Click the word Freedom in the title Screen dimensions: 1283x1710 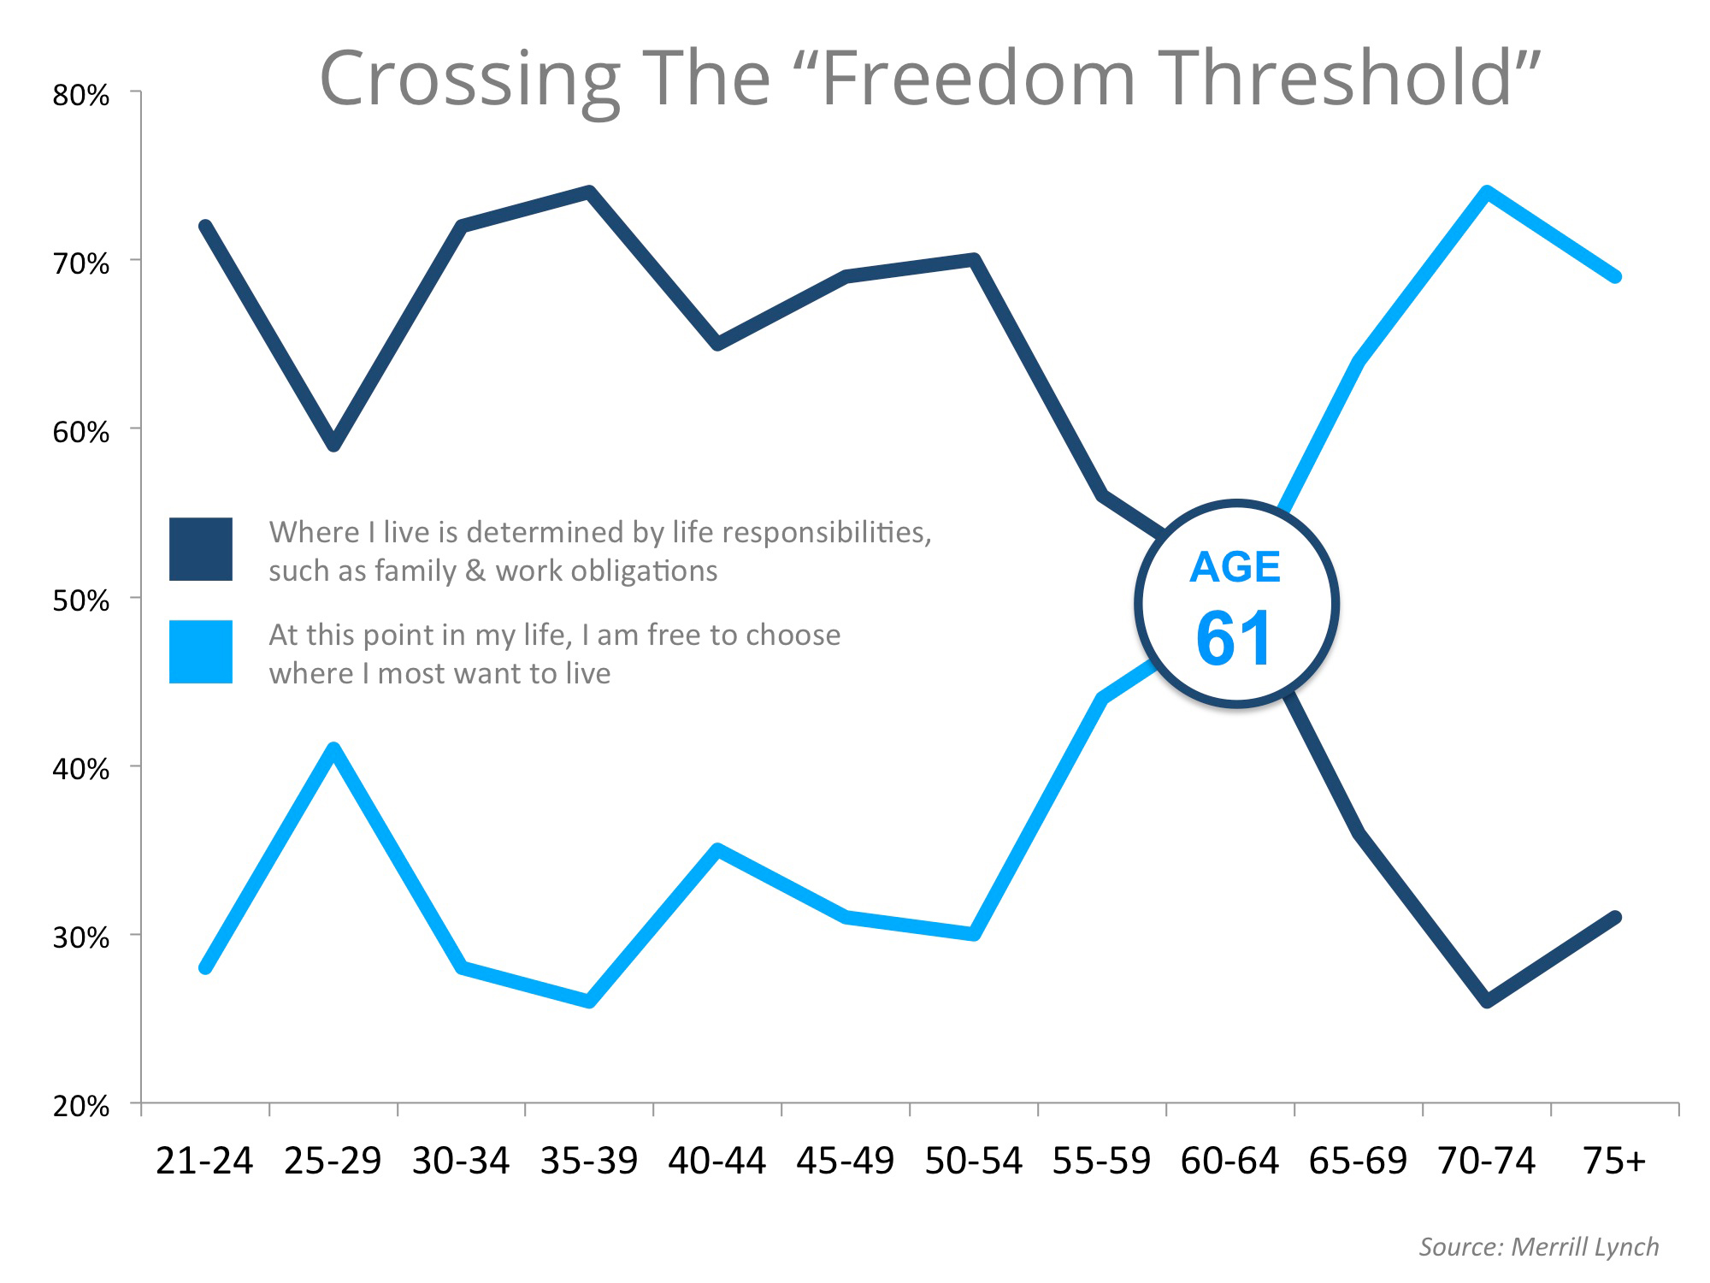coord(977,79)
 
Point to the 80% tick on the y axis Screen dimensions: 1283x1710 coord(81,95)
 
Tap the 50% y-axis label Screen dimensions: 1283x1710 coord(81,600)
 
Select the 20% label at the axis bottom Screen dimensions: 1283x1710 coord(81,1106)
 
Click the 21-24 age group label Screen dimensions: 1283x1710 coord(204,1161)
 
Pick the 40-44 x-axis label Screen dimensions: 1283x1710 coord(716,1161)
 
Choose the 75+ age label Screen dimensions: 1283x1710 coord(1613,1161)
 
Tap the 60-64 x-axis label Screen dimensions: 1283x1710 coord(1229,1161)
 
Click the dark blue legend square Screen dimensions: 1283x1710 coord(201,549)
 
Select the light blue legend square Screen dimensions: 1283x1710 coord(201,652)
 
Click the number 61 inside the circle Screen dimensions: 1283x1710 coord(1235,639)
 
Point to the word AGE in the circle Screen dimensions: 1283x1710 coord(1235,567)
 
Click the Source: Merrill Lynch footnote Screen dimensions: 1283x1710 coord(1538,1246)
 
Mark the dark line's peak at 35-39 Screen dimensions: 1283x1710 coord(589,192)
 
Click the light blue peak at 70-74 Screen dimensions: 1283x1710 coord(1487,192)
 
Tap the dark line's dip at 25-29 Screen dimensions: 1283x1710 coord(333,445)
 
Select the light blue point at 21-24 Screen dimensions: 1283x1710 coord(205,967)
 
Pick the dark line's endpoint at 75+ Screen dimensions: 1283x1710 coord(1615,917)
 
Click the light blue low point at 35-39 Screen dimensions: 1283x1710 coord(589,1001)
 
